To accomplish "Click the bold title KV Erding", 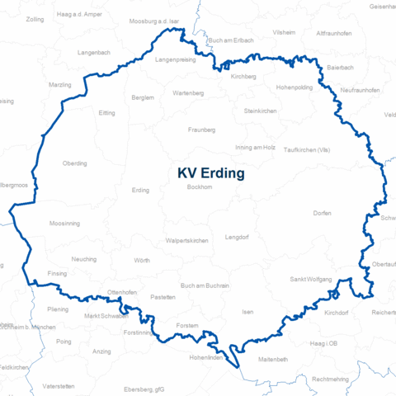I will point(210,173).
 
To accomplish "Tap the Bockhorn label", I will point(200,188).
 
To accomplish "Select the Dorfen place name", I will point(323,214).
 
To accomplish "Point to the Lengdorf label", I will point(237,237).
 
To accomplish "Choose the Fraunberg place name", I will point(201,130).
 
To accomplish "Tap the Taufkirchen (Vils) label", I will point(306,150).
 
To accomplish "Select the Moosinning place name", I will point(64,224).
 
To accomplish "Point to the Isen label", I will point(247,313).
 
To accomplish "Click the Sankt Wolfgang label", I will point(311,280).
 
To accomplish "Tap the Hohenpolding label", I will point(295,87).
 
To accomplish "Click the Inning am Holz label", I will point(255,147).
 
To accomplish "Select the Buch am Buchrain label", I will point(205,285).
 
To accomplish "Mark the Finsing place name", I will point(57,273).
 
